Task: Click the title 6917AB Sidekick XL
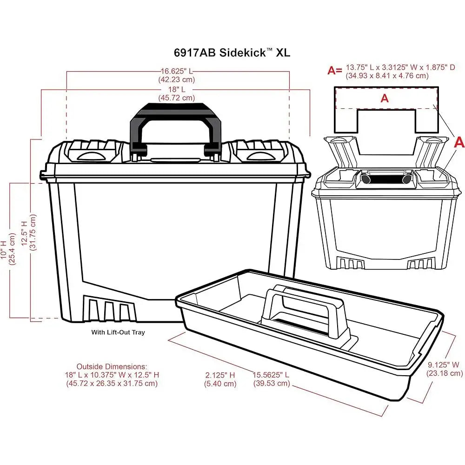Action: (x=232, y=53)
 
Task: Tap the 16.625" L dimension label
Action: (x=177, y=71)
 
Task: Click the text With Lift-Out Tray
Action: (x=118, y=332)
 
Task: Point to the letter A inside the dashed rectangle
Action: (x=385, y=98)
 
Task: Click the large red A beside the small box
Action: (x=459, y=143)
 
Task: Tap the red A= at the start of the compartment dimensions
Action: (x=335, y=71)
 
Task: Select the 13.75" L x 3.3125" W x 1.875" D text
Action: (x=400, y=67)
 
